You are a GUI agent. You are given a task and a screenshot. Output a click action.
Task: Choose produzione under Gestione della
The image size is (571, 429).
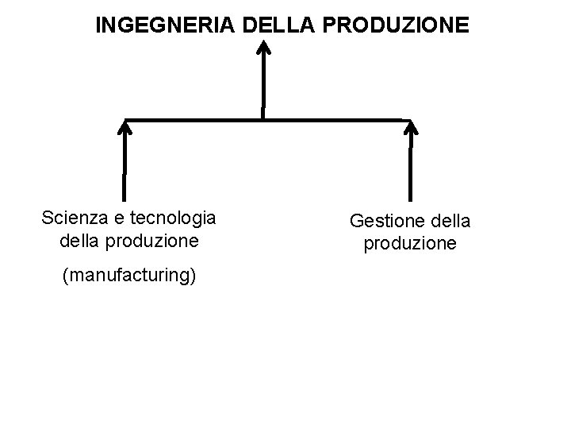[410, 244]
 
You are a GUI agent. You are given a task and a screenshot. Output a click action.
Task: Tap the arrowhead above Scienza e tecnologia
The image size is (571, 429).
[125, 128]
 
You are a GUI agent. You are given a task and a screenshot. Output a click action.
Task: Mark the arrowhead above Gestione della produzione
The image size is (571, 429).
[410, 128]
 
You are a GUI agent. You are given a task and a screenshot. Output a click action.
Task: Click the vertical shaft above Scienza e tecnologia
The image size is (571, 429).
[125, 167]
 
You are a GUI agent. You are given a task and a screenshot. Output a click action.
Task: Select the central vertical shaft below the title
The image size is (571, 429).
[263, 87]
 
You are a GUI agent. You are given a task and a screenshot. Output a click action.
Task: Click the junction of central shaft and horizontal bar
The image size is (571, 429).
[263, 120]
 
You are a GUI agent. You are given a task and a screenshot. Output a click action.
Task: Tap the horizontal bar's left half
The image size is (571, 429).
[194, 120]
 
